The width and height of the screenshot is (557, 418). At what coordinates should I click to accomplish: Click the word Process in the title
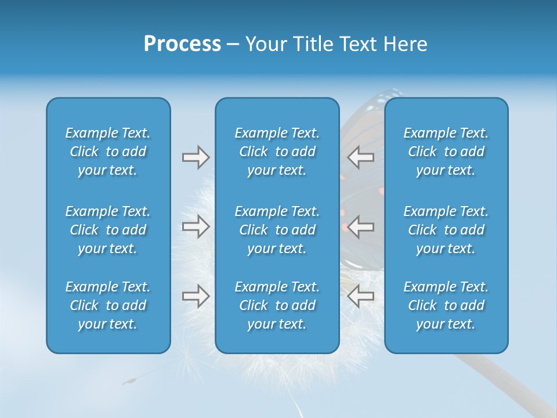pos(182,44)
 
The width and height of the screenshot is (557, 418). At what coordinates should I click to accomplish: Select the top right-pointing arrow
pos(196,157)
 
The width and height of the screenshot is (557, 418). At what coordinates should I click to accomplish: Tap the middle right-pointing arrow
pos(196,226)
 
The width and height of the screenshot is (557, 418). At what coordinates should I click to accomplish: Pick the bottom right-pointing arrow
pos(196,296)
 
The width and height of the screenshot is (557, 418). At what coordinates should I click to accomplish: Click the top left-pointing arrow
pos(360,157)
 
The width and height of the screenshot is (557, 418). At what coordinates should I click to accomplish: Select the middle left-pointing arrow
pos(360,226)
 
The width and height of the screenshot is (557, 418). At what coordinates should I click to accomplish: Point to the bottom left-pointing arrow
pos(360,296)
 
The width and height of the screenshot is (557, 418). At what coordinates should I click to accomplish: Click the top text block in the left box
pos(108,152)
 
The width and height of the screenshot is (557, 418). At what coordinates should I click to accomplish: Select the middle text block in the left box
pos(108,230)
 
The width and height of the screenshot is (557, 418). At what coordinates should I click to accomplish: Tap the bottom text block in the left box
pos(108,305)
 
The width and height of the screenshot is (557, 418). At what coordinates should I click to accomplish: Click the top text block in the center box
pos(277,152)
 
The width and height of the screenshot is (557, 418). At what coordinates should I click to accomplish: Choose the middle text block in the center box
pos(277,230)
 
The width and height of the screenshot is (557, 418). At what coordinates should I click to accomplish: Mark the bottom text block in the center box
pos(277,305)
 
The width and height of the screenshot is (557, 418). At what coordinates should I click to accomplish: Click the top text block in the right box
pos(446,152)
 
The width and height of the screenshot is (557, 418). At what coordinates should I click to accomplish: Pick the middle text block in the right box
pos(446,230)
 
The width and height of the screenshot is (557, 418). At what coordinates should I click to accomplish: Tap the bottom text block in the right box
pos(446,305)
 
